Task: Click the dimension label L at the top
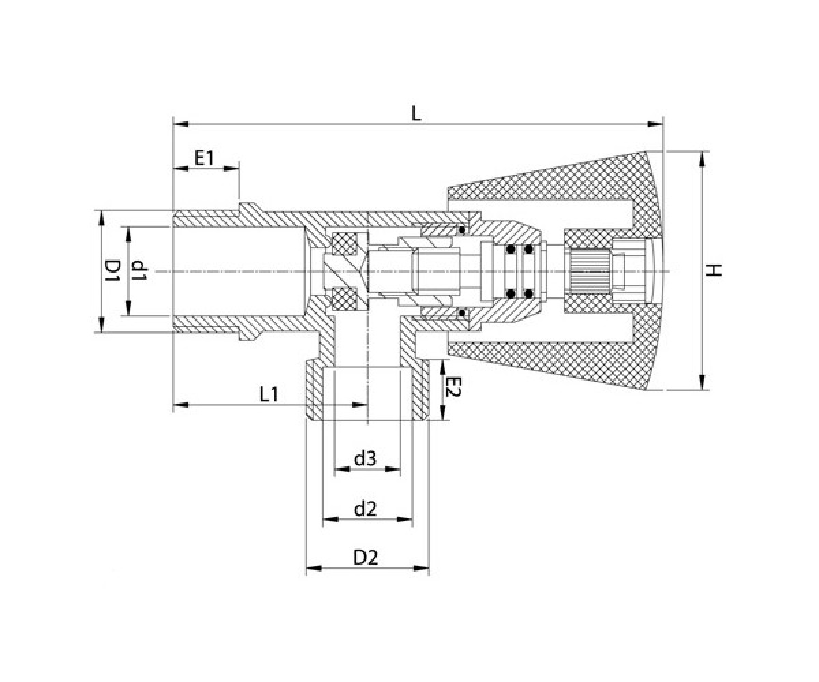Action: coord(416,114)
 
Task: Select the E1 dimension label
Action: coord(205,158)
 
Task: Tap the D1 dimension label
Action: coord(113,271)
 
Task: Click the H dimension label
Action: coord(714,271)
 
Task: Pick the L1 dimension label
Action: coord(269,394)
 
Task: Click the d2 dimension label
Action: coord(365,509)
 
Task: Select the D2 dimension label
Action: coord(366,558)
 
